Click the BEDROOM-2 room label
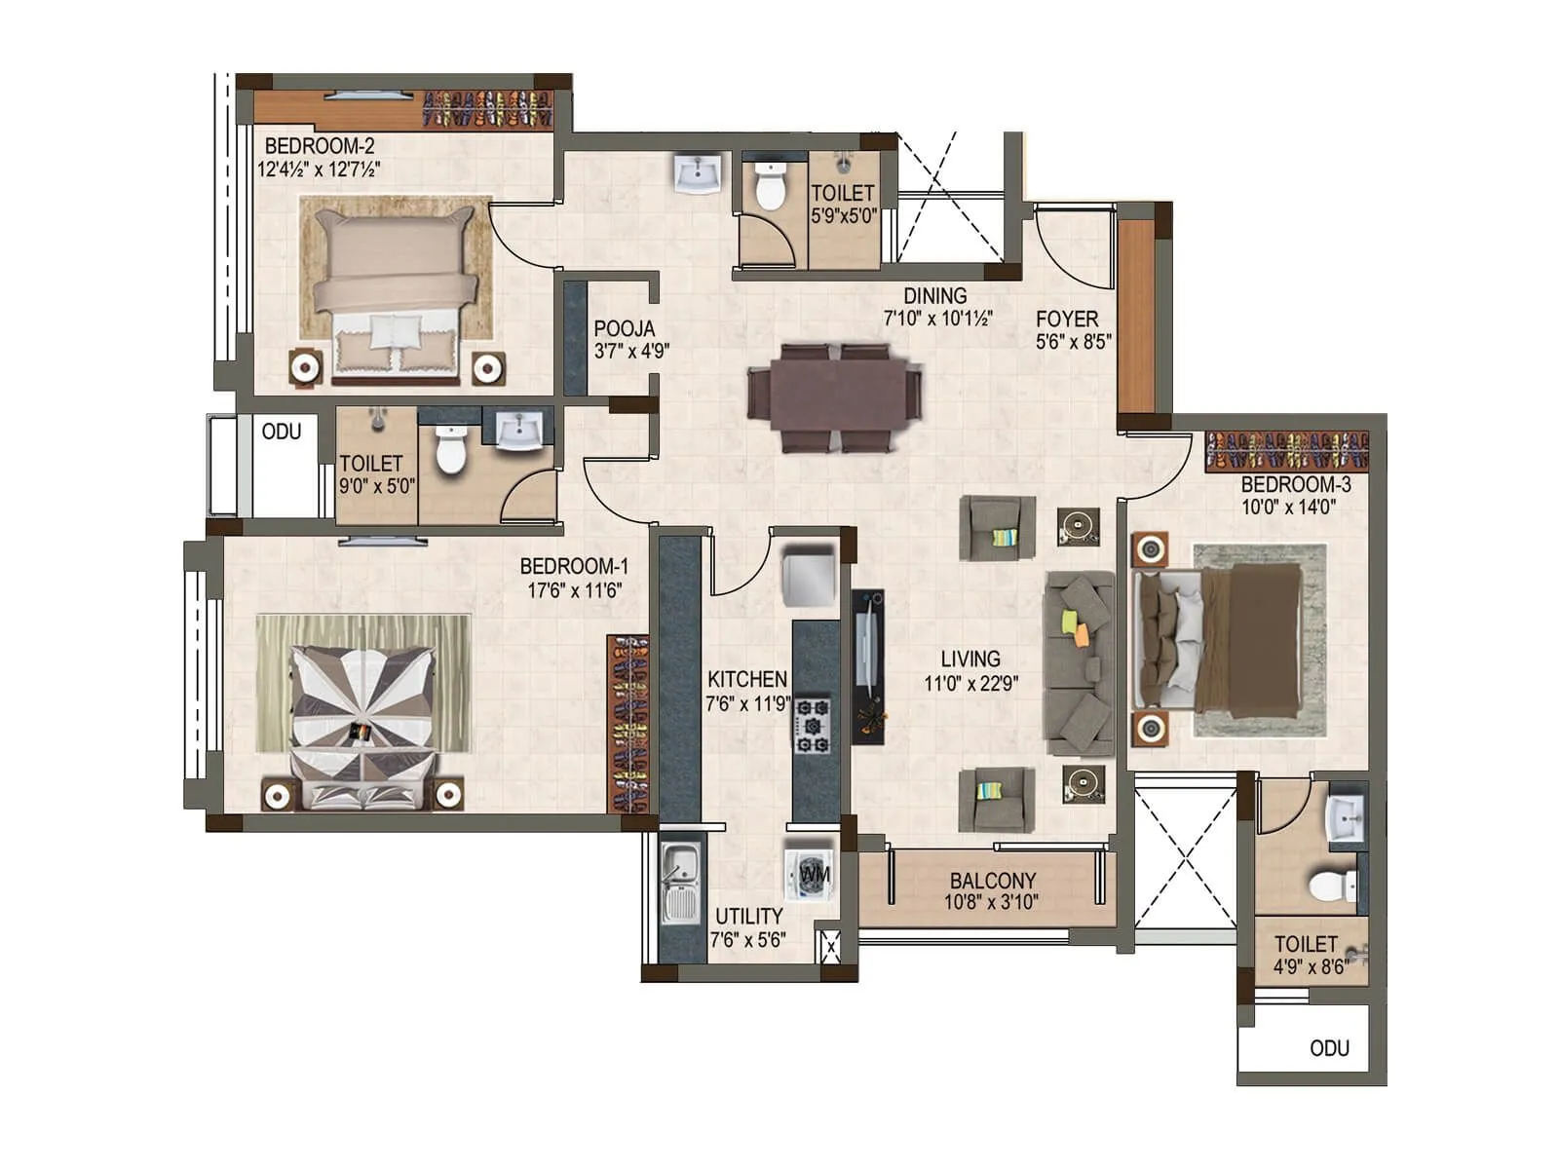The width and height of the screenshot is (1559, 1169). click(x=319, y=146)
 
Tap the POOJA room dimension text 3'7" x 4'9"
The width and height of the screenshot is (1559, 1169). click(x=631, y=351)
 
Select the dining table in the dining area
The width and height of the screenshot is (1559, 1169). click(x=834, y=396)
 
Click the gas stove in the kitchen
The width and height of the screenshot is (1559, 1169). click(x=812, y=724)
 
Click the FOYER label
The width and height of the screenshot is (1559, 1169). click(x=1067, y=319)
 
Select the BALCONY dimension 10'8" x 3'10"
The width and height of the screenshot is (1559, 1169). click(x=991, y=902)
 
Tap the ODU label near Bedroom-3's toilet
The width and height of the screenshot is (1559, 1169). click(x=1329, y=1048)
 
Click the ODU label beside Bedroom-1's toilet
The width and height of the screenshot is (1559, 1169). click(x=282, y=432)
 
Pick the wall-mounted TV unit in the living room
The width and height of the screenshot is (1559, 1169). click(x=868, y=666)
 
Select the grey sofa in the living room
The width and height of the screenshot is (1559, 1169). click(x=1080, y=662)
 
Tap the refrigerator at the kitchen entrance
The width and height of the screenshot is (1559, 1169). click(x=809, y=577)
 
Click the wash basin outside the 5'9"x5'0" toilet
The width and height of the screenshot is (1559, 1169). click(x=698, y=173)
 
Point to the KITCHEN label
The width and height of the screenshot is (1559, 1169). click(x=746, y=679)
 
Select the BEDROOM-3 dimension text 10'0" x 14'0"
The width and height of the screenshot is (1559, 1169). click(x=1288, y=507)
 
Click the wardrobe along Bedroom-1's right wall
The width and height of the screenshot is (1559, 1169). click(x=629, y=724)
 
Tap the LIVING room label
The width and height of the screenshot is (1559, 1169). click(x=970, y=659)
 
